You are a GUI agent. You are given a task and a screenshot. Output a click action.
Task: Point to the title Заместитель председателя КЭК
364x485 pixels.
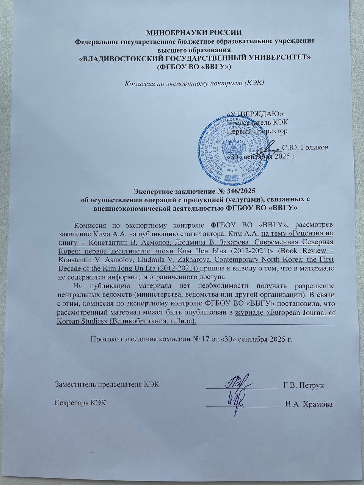point(107,385)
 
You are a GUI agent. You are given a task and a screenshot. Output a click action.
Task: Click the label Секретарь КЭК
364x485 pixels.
point(80,403)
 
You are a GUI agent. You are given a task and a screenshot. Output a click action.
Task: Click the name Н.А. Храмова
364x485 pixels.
point(309,404)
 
